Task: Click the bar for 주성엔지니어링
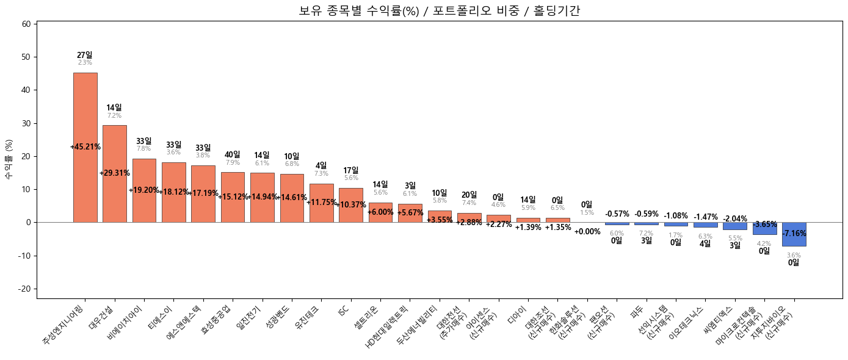85,183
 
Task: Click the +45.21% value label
85,147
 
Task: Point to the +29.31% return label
115,173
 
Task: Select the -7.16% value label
794,234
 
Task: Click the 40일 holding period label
233,155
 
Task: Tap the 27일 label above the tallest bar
85,55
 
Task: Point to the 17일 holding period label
351,170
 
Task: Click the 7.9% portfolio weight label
233,163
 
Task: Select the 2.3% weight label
85,63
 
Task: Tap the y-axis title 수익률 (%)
9,159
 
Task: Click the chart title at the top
439,10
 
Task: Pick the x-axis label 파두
637,311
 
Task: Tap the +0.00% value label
587,232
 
